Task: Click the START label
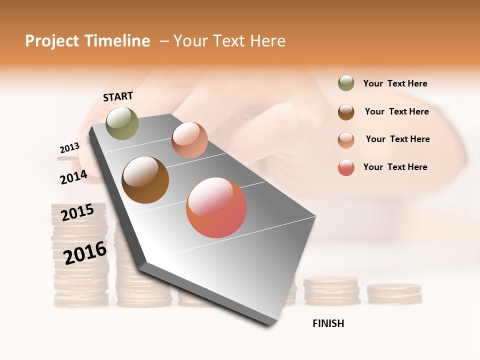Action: (x=118, y=96)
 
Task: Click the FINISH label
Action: (x=328, y=323)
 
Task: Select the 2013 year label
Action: (x=69, y=148)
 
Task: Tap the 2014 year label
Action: (x=73, y=177)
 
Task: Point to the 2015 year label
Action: (x=77, y=212)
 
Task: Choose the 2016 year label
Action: (x=85, y=252)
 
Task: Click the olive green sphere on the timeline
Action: (x=122, y=123)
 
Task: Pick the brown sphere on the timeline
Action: (x=145, y=179)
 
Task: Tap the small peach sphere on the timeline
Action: (x=189, y=140)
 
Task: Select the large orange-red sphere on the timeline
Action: (x=216, y=207)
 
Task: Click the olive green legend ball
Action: (x=346, y=83)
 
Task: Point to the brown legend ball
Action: (x=346, y=112)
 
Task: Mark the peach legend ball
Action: (x=346, y=140)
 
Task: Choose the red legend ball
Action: (x=346, y=167)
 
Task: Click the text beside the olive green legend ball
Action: (x=395, y=83)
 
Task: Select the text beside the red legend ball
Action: (x=395, y=167)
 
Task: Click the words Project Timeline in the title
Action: (x=87, y=41)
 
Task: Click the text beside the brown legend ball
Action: (x=396, y=111)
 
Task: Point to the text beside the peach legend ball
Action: (x=397, y=139)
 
